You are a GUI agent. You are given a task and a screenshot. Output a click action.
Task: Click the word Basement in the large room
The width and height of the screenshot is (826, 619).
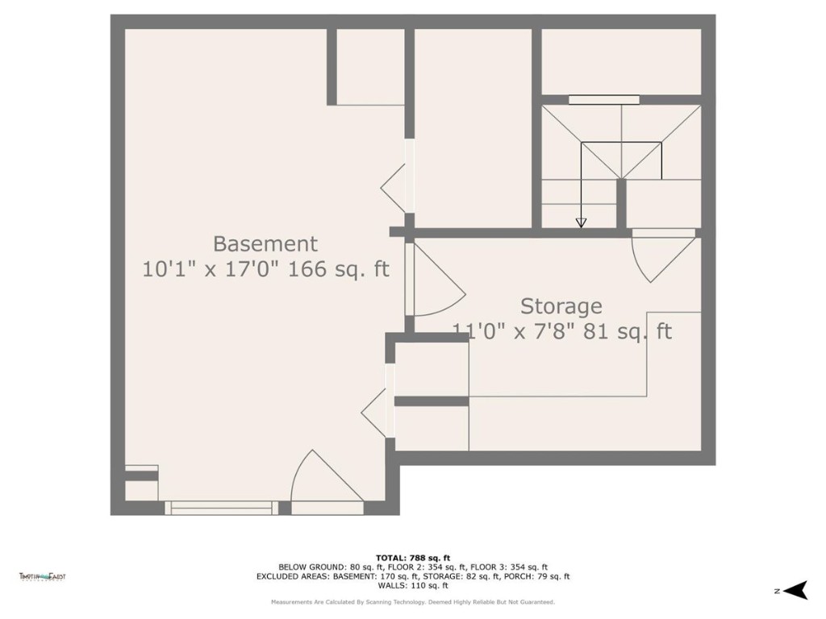265,243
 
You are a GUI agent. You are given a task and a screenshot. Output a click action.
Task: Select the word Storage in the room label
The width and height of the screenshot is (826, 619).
561,306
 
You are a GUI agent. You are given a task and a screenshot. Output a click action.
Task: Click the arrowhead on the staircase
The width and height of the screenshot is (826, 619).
581,222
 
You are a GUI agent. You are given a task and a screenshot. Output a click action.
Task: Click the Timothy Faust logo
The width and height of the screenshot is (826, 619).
42,576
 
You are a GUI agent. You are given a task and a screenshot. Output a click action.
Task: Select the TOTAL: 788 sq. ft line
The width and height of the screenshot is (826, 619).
412,558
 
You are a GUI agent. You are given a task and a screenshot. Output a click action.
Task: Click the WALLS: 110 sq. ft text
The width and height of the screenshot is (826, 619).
412,586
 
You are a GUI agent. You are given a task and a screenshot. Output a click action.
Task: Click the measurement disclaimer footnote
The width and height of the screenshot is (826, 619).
412,602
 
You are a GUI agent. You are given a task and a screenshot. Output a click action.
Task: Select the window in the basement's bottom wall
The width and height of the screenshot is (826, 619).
219,508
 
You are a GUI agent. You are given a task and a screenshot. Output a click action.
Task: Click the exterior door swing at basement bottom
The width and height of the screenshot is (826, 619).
323,480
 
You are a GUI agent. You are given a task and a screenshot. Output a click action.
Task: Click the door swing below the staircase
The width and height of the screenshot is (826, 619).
663,254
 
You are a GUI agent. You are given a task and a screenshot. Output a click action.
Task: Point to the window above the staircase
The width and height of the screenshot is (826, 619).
603,100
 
